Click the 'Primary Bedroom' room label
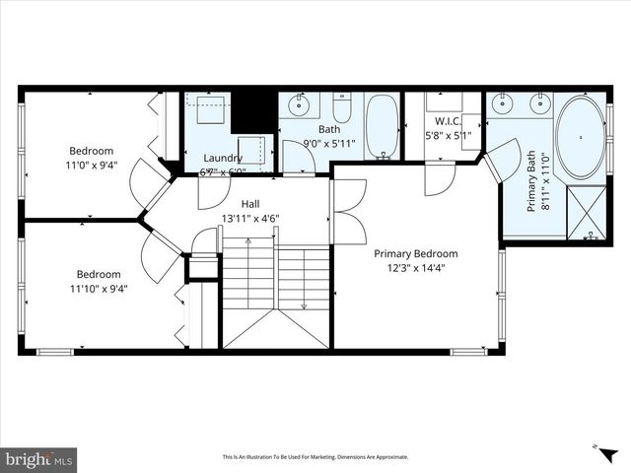tap(415, 253)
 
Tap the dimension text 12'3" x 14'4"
tap(415, 268)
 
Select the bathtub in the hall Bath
tap(382, 127)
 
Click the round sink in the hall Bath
tap(299, 104)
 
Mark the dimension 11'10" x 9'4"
tap(99, 289)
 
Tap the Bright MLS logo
tap(39, 458)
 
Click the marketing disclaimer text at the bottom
tap(315, 457)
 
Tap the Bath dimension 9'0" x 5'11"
tap(329, 143)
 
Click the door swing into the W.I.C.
tap(440, 177)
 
